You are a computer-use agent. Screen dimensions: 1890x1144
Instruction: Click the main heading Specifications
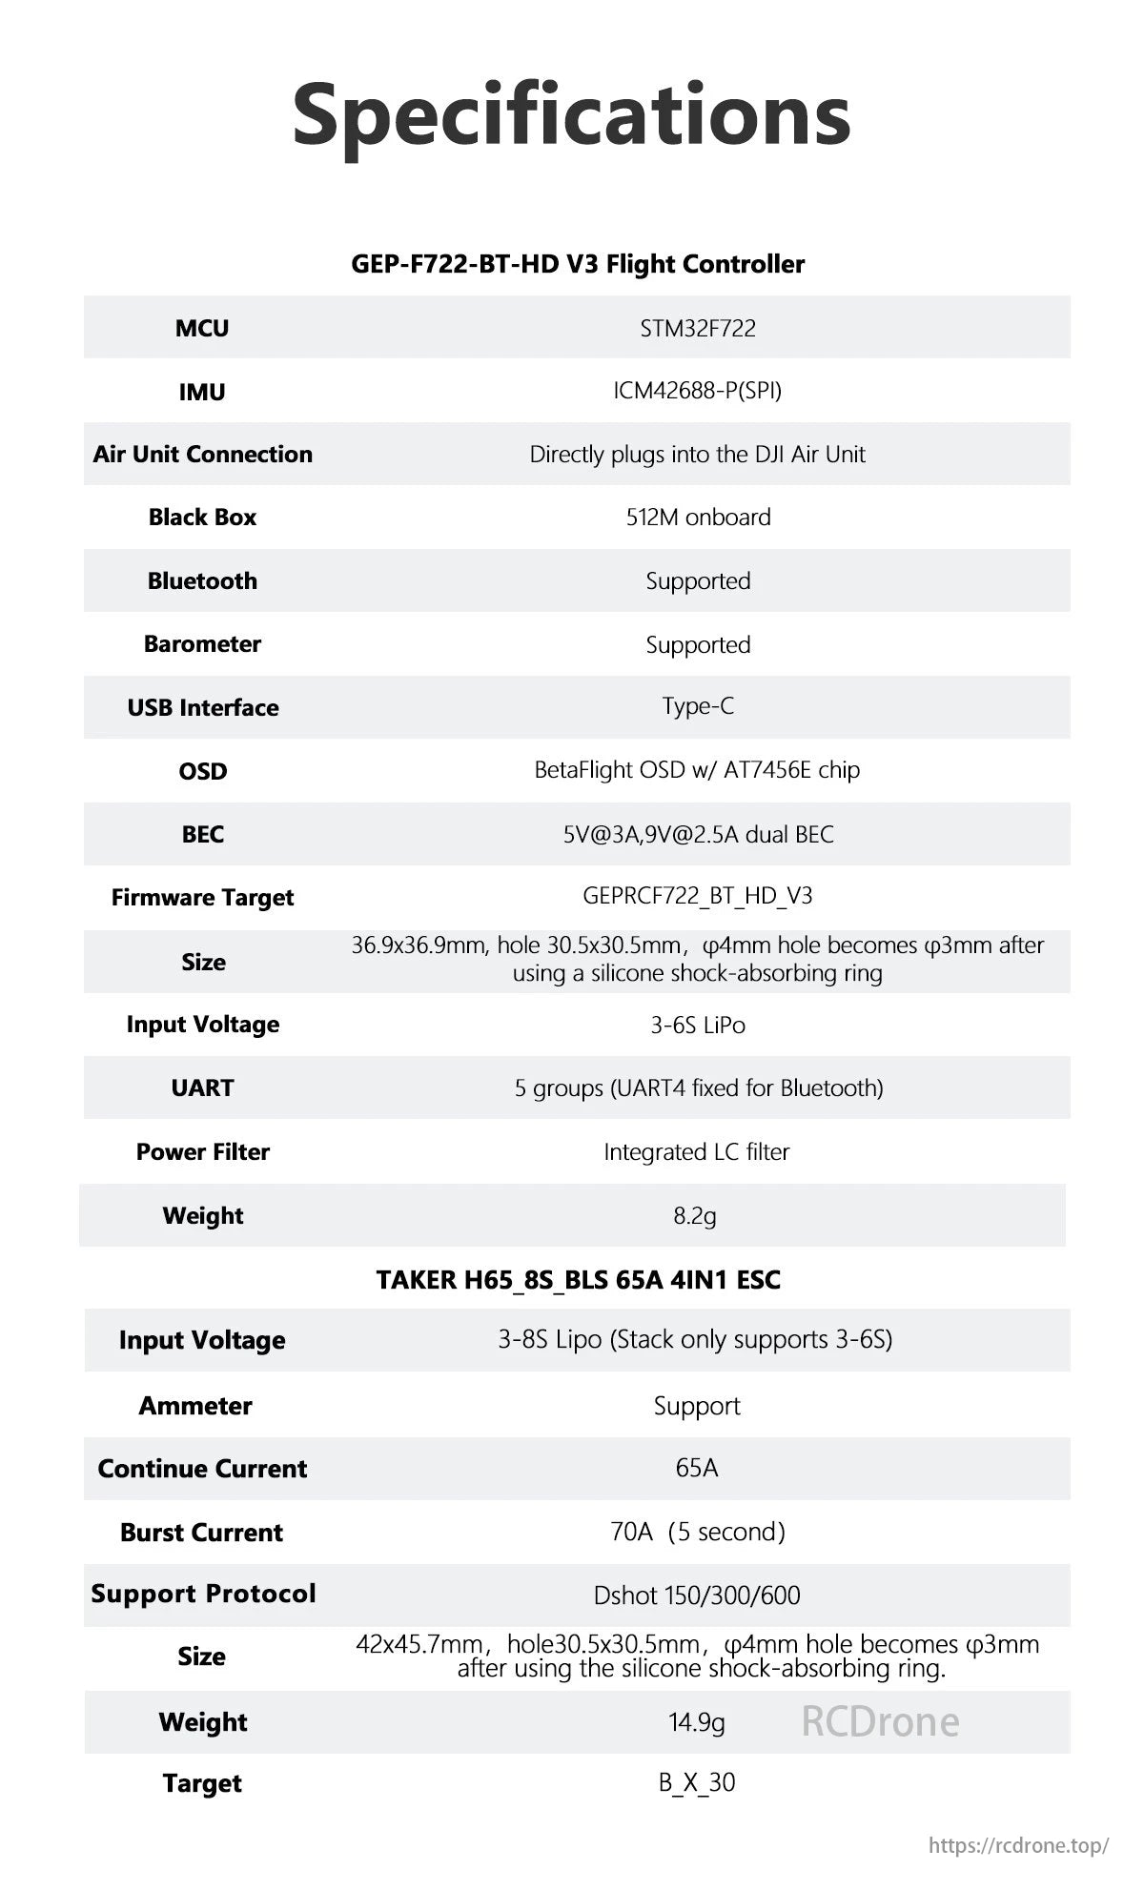[x=571, y=114]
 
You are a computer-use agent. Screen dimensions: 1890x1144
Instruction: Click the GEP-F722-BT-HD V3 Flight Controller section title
[x=578, y=264]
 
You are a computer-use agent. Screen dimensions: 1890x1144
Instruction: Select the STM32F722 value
[x=698, y=328]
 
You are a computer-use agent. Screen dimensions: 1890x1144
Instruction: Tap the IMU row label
[x=202, y=392]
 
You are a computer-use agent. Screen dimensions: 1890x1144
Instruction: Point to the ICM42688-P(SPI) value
[x=698, y=391]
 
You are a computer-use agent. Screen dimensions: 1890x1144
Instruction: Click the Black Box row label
[x=202, y=518]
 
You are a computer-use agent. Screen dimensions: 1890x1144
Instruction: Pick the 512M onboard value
[x=698, y=518]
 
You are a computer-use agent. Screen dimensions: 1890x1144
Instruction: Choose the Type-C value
[x=698, y=706]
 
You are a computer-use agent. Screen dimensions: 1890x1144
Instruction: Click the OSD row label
[x=202, y=771]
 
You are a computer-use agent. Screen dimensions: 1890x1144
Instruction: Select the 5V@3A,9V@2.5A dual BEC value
[x=698, y=835]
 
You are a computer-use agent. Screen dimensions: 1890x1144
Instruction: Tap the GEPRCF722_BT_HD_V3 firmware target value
[x=698, y=896]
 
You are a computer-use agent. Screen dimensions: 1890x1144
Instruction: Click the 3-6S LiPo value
[x=698, y=1026]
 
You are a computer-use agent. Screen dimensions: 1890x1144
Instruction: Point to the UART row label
[x=202, y=1087]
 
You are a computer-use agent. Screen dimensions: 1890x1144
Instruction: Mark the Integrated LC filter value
[x=697, y=1152]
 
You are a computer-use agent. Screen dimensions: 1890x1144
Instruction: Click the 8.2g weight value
[x=695, y=1216]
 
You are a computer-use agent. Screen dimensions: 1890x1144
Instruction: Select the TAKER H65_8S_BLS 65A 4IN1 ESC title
[x=578, y=1279]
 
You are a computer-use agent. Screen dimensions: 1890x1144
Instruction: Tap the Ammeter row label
[x=195, y=1406]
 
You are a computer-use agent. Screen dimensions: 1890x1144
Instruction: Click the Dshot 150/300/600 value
[x=697, y=1595]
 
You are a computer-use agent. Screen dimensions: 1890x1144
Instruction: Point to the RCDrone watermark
[x=880, y=1721]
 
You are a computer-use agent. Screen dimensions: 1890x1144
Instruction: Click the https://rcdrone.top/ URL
[x=1018, y=1845]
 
